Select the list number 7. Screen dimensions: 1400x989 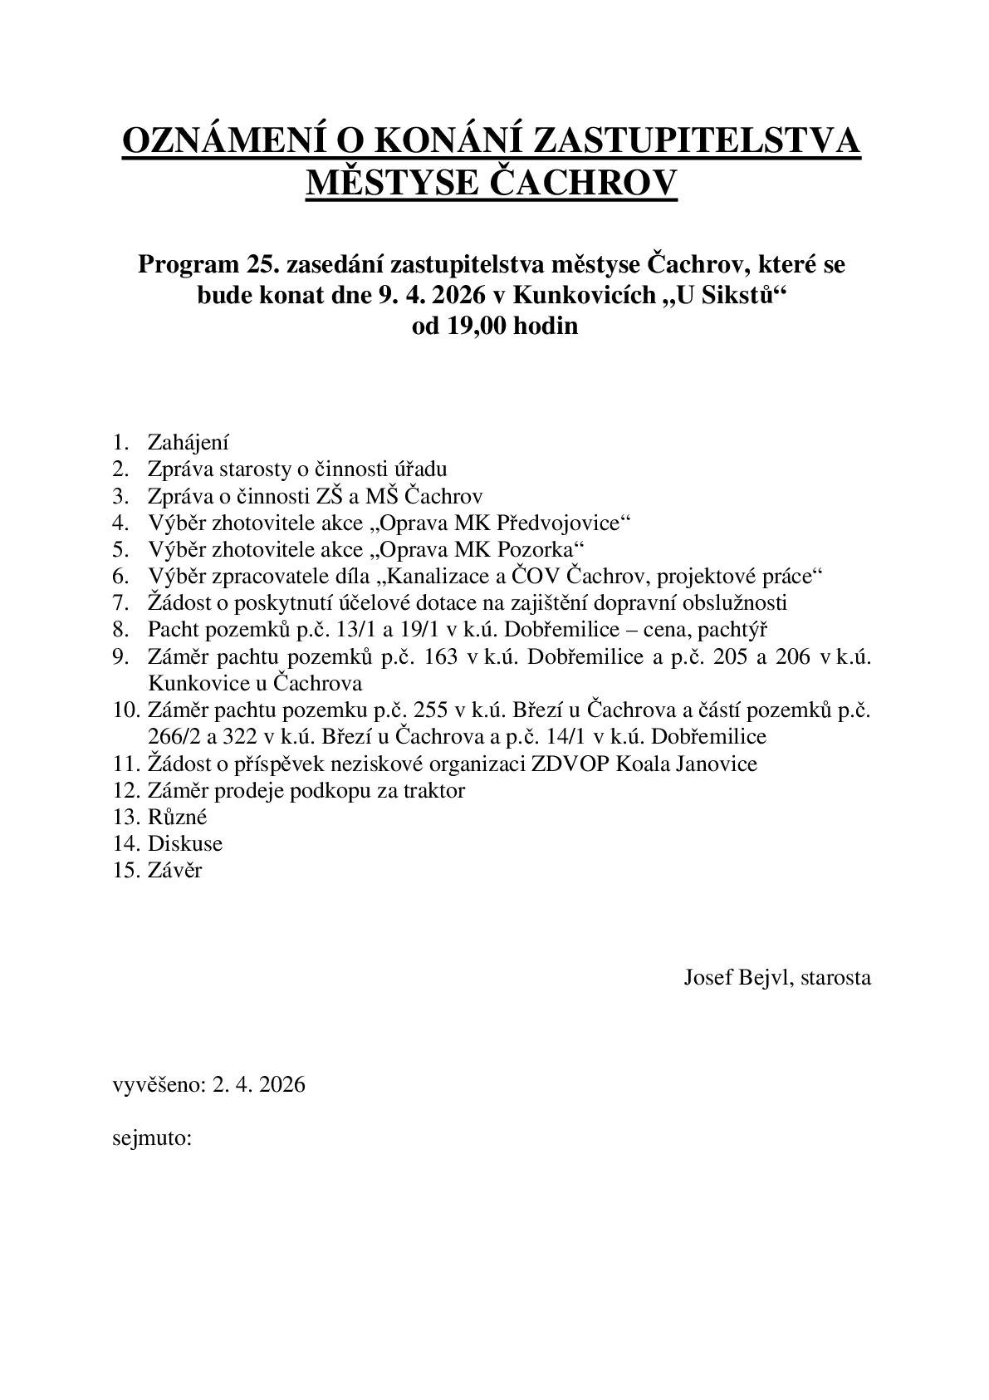click(121, 602)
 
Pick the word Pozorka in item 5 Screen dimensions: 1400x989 click(541, 549)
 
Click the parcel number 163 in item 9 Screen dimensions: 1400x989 click(440, 656)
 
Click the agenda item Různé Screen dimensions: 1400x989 click(177, 816)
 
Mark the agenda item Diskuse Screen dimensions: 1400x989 click(185, 843)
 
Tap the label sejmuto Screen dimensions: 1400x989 click(152, 1137)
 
